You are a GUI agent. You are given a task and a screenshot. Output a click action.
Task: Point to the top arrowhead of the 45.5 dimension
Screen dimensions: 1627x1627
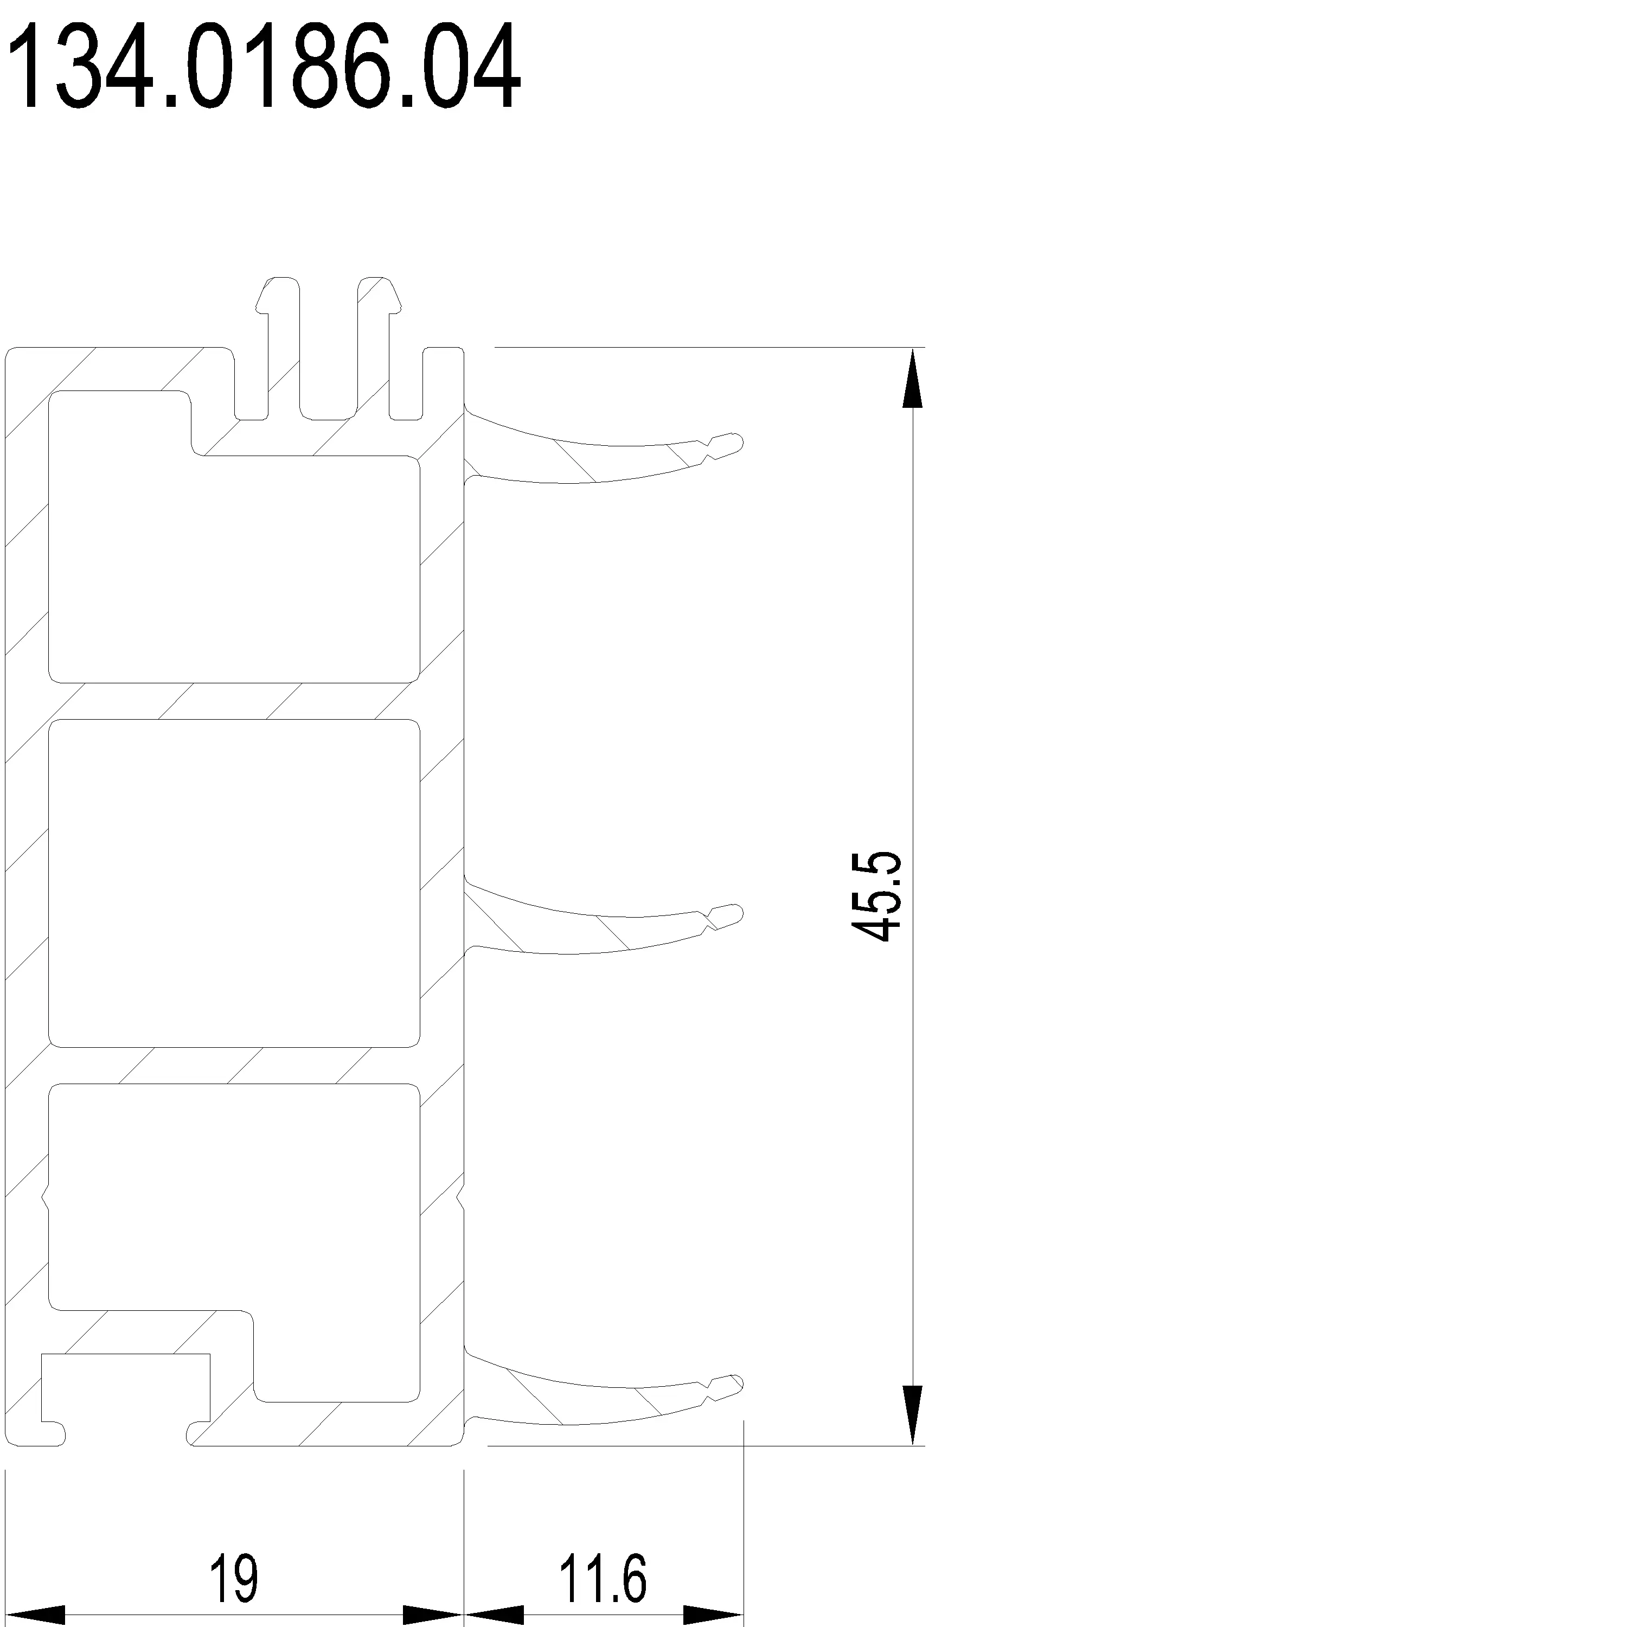(x=912, y=379)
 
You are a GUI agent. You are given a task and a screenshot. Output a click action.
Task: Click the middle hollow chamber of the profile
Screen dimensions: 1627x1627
(x=234, y=883)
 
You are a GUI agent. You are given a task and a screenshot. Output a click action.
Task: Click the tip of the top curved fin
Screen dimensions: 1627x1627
(x=734, y=442)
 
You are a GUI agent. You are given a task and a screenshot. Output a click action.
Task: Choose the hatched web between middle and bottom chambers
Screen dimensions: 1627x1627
(x=234, y=1065)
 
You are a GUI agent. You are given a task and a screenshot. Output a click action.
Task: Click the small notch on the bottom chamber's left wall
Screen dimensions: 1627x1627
(x=46, y=1200)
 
